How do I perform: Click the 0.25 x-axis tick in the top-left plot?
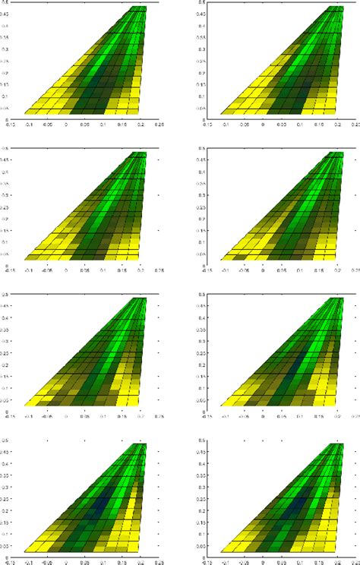click(x=159, y=124)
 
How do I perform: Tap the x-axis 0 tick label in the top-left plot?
click(x=66, y=124)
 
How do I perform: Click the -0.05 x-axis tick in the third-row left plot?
click(x=48, y=416)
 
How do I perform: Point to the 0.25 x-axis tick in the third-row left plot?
click(x=159, y=416)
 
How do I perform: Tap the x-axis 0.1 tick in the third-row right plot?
click(x=300, y=416)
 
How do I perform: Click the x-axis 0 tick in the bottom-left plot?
click(x=66, y=563)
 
